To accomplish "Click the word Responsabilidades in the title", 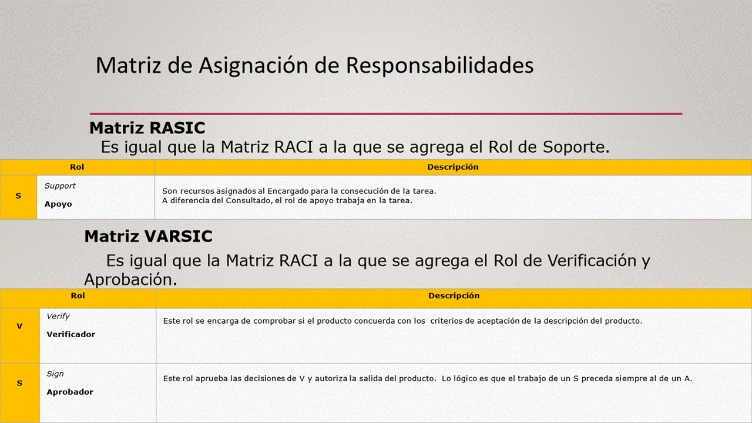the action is click(x=439, y=65).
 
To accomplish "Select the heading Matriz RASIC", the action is click(x=147, y=128).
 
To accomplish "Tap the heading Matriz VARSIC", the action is click(x=148, y=236).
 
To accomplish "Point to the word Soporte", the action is click(x=576, y=147).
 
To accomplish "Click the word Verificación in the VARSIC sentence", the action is click(x=592, y=260).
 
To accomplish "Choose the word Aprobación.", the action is click(x=130, y=280).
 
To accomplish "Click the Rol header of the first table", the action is click(x=77, y=167).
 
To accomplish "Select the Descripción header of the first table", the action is click(x=453, y=167).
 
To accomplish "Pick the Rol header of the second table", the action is click(x=78, y=296).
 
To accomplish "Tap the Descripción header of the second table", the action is click(x=454, y=296).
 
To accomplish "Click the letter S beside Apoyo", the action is click(x=18, y=196).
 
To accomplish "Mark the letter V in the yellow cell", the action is click(x=19, y=326).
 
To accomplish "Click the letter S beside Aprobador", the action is click(x=19, y=383).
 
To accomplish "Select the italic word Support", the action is click(x=60, y=186).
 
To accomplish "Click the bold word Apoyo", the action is click(x=58, y=204).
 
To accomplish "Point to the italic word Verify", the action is click(x=58, y=316).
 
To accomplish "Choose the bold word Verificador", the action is click(x=71, y=334).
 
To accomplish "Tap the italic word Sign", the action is click(x=55, y=374).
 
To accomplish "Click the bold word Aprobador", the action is click(x=70, y=392).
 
